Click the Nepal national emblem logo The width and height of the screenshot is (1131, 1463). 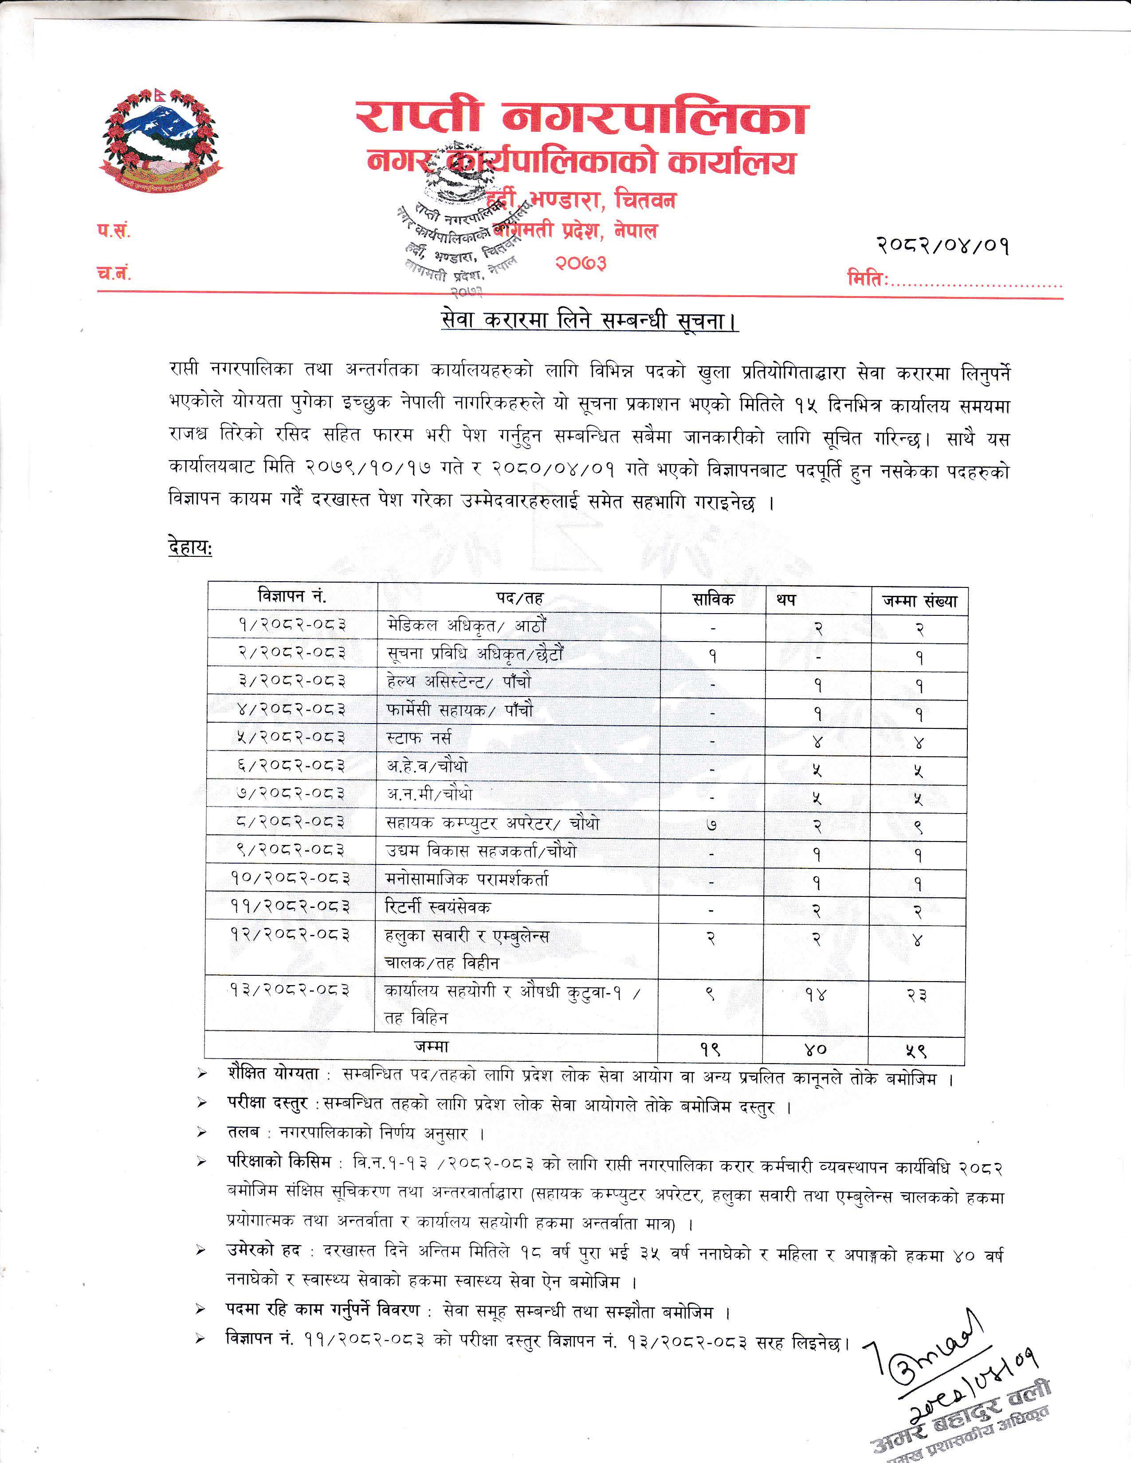(x=161, y=139)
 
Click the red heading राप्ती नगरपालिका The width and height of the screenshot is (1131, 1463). (x=581, y=117)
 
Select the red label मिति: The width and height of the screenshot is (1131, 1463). (x=868, y=278)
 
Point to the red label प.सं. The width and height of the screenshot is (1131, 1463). (x=113, y=231)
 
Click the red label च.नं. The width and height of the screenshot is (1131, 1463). (x=113, y=273)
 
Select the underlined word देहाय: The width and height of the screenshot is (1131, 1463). (x=190, y=548)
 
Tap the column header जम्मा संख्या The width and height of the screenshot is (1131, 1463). (x=920, y=601)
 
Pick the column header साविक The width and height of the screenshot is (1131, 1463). (x=713, y=599)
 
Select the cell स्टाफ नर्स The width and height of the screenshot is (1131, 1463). (x=419, y=738)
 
